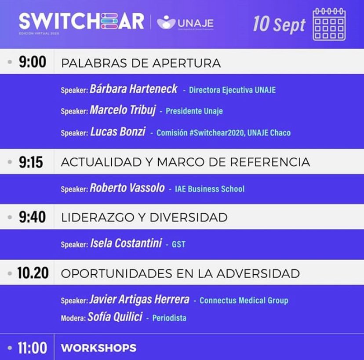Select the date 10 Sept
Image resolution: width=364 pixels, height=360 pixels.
(x=279, y=24)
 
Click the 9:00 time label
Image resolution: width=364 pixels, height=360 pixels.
(x=32, y=62)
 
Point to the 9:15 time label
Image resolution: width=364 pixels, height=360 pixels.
(x=31, y=162)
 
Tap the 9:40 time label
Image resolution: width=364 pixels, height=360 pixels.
(x=31, y=217)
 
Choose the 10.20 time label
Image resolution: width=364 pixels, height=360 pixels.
(x=32, y=273)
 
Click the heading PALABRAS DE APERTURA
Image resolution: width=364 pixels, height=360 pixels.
(x=141, y=63)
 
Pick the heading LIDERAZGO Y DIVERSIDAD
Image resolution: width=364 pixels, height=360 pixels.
(x=144, y=218)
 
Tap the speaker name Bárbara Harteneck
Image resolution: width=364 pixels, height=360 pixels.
(x=133, y=89)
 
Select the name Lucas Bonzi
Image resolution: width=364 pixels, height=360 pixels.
(x=117, y=132)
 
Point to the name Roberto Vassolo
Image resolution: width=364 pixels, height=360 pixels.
(x=127, y=189)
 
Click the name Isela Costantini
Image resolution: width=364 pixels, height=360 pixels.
(x=127, y=244)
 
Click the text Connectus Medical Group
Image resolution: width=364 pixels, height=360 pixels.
(x=244, y=301)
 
